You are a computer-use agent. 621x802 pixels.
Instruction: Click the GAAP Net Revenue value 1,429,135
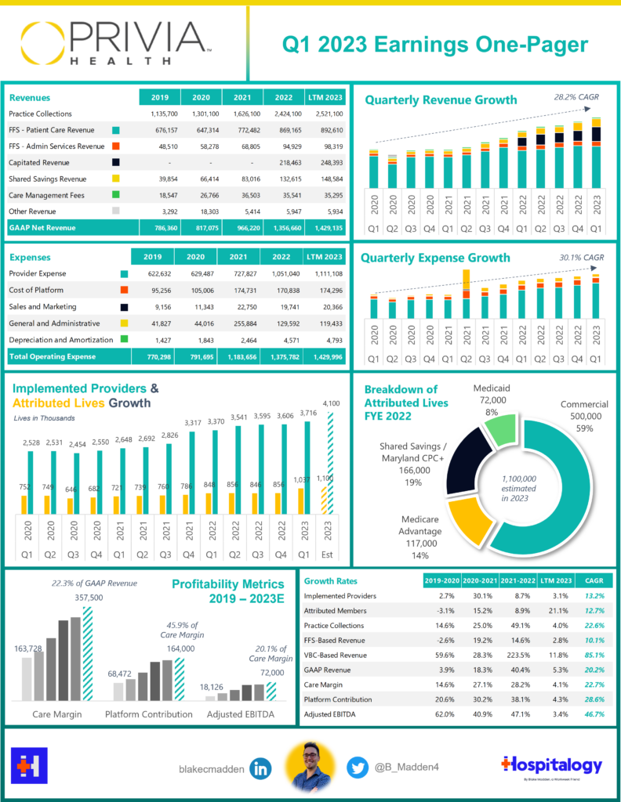(324, 228)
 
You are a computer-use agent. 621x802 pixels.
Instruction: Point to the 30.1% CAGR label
(582, 257)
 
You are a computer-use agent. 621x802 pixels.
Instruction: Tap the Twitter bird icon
(358, 769)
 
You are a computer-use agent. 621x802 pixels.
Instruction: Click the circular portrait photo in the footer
(310, 767)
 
